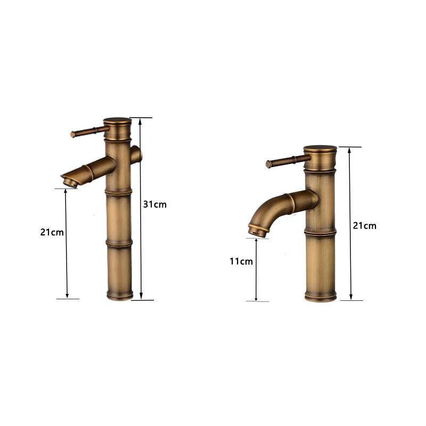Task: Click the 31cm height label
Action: [x=154, y=204]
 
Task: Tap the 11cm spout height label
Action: [x=241, y=261]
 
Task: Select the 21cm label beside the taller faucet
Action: [x=52, y=232]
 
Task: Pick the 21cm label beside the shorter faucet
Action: [x=364, y=225]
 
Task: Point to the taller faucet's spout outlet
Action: [x=71, y=183]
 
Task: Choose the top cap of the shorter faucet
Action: [x=320, y=150]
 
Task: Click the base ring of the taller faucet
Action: [x=119, y=294]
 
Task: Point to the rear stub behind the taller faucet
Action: [x=136, y=154]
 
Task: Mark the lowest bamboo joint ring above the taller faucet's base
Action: [x=119, y=244]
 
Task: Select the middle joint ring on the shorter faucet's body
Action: [x=320, y=232]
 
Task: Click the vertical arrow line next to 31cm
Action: [x=141, y=208]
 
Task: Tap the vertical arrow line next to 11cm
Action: [x=257, y=269]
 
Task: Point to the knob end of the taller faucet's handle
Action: [x=73, y=135]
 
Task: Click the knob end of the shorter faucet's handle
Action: [x=269, y=164]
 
